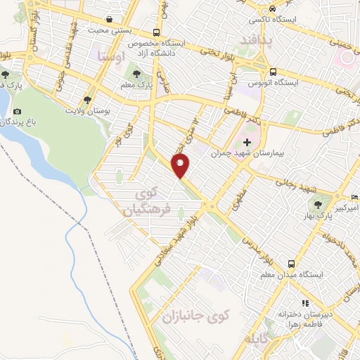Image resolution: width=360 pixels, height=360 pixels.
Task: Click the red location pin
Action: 181,166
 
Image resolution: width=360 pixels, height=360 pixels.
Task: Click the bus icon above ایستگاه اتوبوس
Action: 273,71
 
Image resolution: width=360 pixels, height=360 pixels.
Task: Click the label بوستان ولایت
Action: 90,111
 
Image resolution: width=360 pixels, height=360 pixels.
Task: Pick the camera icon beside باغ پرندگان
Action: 17,111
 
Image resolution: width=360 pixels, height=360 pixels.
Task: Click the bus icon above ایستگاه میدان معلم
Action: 291,263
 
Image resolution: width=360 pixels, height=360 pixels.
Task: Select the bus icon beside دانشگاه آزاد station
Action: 155,32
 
